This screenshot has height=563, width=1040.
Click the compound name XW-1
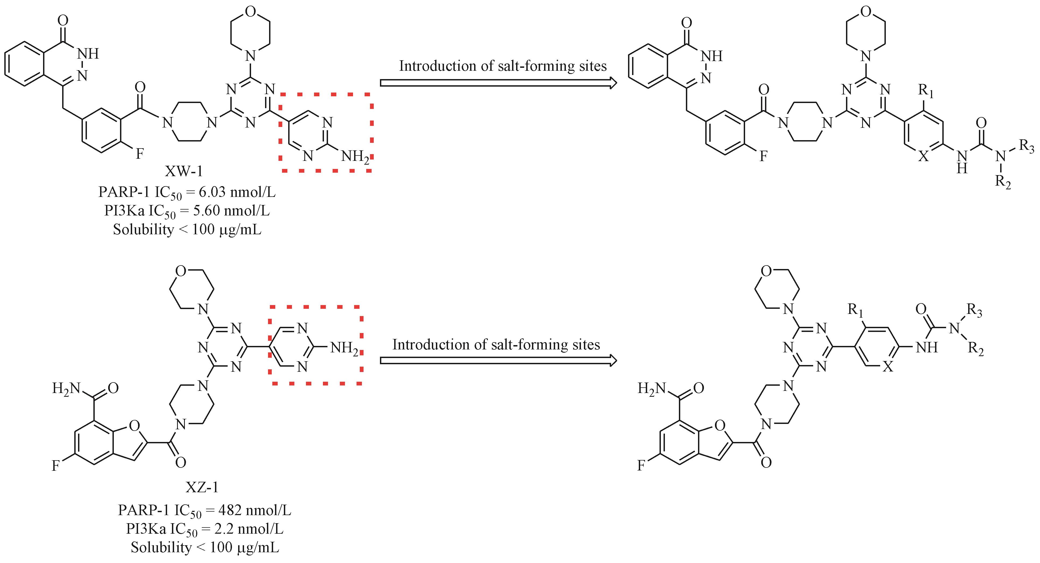point(184,172)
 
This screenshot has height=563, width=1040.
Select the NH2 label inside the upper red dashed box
point(355,156)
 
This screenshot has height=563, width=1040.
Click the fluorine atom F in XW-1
point(140,154)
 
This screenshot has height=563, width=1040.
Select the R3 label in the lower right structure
point(974,311)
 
